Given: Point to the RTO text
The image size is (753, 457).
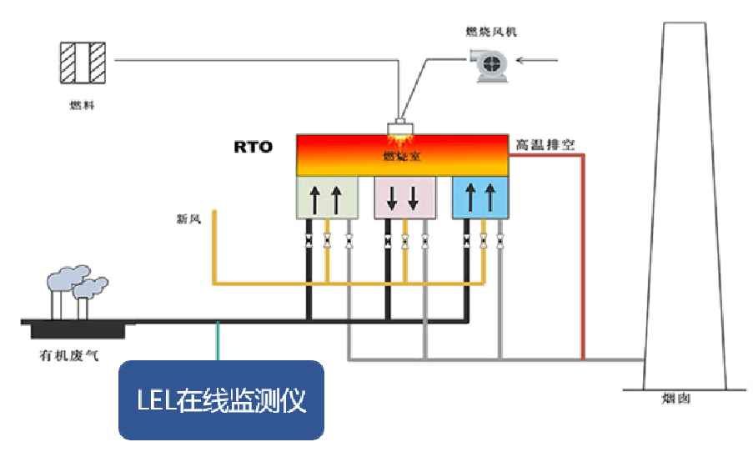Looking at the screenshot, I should click(253, 147).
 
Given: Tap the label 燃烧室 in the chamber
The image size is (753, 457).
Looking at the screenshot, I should click(404, 156).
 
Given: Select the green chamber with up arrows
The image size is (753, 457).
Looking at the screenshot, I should click(327, 198).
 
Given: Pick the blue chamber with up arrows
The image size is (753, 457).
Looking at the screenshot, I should click(479, 198).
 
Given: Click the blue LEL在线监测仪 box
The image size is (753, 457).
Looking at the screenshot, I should click(221, 400).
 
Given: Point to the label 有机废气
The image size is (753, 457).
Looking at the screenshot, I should click(69, 356).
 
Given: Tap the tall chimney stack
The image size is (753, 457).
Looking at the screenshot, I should click(684, 208).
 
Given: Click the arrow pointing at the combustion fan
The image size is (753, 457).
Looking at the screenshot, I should click(539, 59).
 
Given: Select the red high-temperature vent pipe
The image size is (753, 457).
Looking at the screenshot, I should click(583, 250).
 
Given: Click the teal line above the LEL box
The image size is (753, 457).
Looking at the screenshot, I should click(218, 342).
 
